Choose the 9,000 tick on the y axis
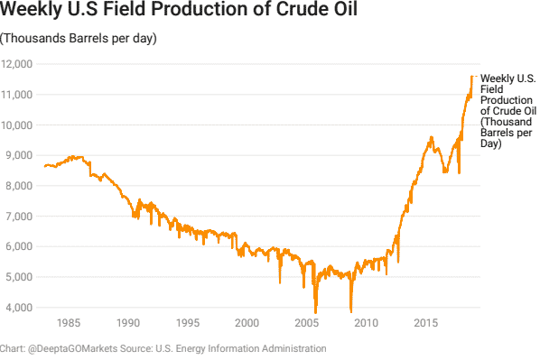coord(20,155)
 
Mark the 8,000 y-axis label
coord(20,186)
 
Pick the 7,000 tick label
coord(20,217)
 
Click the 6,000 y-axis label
coord(20,246)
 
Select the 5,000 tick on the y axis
coord(20,277)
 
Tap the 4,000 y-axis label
coord(20,308)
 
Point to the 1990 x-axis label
coord(128,322)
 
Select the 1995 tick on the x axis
coord(188,322)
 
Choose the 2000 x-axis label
coord(247,322)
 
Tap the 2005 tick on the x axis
coord(306,322)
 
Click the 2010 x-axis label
coord(366,322)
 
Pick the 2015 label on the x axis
coord(424,322)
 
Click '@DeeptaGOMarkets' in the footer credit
coord(75,348)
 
